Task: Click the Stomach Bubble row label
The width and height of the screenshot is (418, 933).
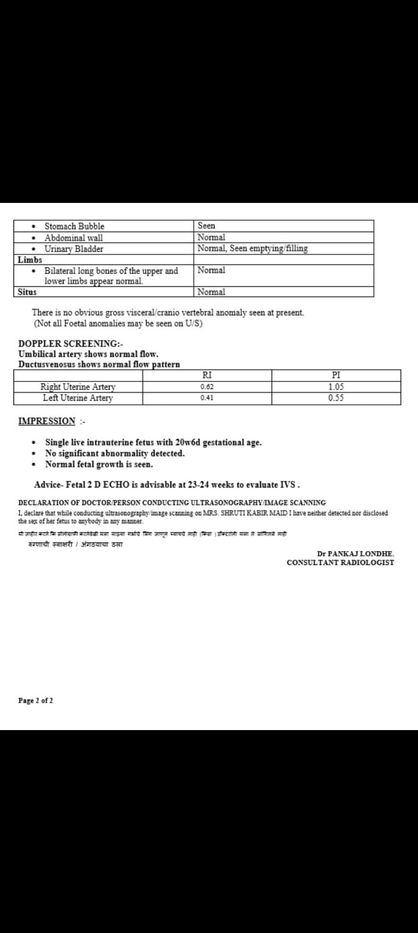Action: [x=74, y=226]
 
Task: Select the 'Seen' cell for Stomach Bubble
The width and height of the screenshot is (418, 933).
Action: [x=206, y=226]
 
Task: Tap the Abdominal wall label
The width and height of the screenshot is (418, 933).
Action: [x=73, y=238]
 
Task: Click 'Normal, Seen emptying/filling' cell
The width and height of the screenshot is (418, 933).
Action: [x=252, y=248]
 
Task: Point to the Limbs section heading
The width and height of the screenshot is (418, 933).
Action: [x=30, y=259]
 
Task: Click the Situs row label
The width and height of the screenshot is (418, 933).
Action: [x=27, y=292]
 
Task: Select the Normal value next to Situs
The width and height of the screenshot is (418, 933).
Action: [x=211, y=292]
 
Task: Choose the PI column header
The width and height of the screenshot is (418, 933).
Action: [x=335, y=376]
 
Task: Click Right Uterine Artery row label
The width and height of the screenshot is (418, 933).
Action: [x=78, y=387]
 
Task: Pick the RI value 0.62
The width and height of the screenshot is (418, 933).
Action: [x=206, y=387]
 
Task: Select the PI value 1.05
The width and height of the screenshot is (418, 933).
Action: [x=335, y=387]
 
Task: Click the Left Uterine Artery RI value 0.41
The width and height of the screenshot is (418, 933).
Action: [x=206, y=398]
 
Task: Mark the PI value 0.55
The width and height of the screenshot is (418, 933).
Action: [x=335, y=398]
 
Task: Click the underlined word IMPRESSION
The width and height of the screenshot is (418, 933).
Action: [x=47, y=421]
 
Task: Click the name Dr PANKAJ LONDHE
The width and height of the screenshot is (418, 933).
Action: [x=355, y=553]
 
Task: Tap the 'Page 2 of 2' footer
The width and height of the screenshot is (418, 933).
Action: [x=36, y=700]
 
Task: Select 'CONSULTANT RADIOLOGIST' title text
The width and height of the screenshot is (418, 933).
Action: [x=340, y=563]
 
